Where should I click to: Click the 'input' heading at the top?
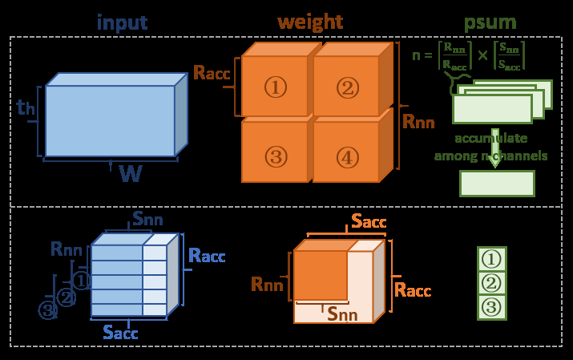click(x=122, y=22)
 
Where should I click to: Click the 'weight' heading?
click(x=310, y=22)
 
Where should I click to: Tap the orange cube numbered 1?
click(x=275, y=87)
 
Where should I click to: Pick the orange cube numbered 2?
click(x=346, y=87)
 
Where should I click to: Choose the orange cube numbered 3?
click(x=275, y=156)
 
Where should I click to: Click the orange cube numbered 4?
click(x=346, y=156)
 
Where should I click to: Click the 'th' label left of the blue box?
click(x=25, y=107)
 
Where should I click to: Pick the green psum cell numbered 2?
click(x=491, y=283)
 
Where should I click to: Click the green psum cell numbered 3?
click(x=491, y=307)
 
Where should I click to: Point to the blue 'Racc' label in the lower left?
click(x=207, y=257)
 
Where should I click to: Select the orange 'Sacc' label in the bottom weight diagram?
click(x=369, y=221)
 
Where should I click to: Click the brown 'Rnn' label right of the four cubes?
click(x=418, y=122)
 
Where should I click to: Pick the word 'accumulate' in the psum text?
click(x=490, y=137)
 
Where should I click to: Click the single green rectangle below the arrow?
click(x=496, y=183)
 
